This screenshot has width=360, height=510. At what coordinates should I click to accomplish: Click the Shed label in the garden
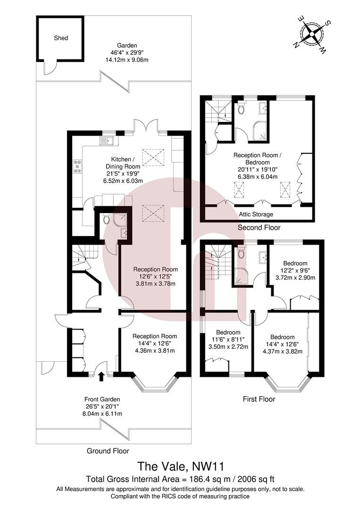click(61, 38)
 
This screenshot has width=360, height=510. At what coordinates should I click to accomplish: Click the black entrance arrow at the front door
click(101, 376)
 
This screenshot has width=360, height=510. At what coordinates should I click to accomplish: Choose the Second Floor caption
click(259, 228)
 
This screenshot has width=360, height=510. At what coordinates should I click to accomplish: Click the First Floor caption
click(259, 399)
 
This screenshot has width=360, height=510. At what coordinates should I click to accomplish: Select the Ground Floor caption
click(108, 451)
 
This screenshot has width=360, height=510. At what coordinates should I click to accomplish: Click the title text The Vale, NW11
click(180, 467)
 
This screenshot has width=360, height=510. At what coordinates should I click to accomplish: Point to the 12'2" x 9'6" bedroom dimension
click(295, 271)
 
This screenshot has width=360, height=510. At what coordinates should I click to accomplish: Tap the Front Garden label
click(102, 399)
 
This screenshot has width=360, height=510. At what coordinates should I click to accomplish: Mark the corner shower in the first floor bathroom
click(241, 278)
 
